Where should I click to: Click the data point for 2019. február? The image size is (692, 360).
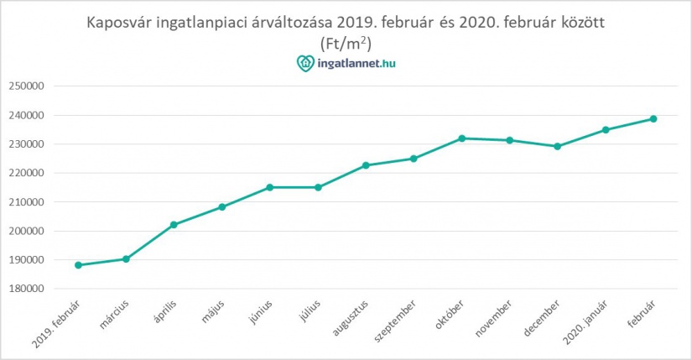[x=78, y=265]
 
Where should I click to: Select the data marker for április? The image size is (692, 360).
[x=174, y=225]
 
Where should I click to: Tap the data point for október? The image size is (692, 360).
[x=461, y=138]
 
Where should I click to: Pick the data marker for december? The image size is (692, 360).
[x=557, y=146]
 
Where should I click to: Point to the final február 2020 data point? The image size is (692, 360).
[x=653, y=118]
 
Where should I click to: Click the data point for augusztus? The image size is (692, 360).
[x=366, y=165]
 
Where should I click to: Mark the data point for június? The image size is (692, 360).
[x=269, y=187]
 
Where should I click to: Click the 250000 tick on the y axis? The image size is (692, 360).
[x=25, y=86]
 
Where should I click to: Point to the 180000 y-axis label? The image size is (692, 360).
[x=25, y=289]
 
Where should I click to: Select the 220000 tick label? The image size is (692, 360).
[x=25, y=173]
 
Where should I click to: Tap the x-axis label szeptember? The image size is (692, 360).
[x=397, y=318]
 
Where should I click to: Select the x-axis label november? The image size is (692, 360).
[x=493, y=317]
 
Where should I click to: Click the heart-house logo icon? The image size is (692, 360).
[x=304, y=63]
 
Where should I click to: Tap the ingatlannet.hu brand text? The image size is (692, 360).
[x=355, y=63]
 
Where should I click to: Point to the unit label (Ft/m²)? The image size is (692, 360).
[x=346, y=42]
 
